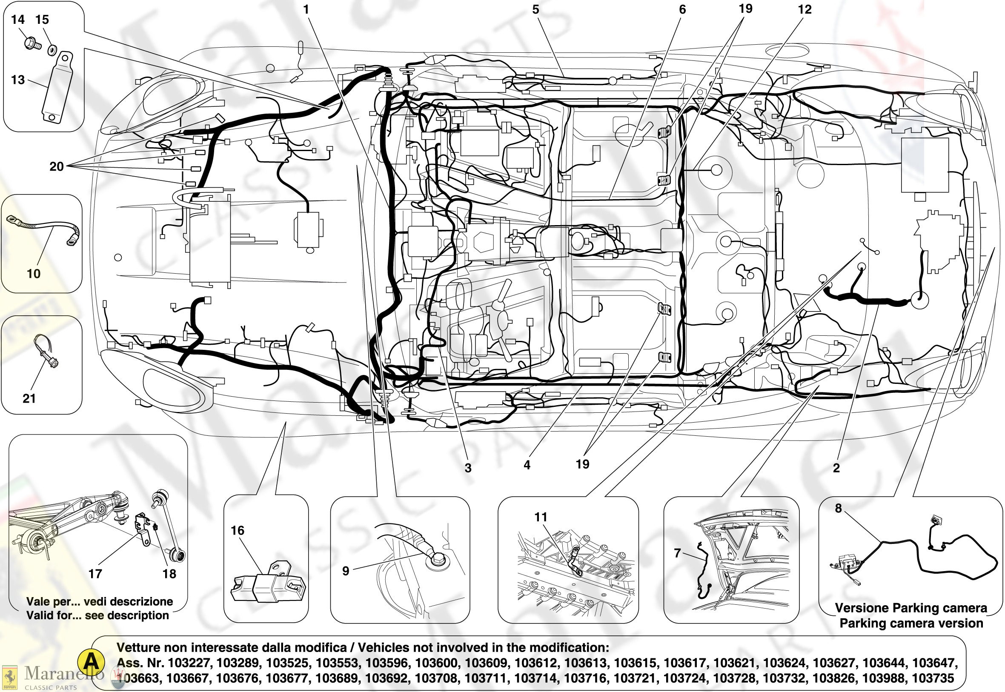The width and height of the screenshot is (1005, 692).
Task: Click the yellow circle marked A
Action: (x=91, y=662)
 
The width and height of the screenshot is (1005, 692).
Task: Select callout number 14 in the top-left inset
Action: (x=17, y=20)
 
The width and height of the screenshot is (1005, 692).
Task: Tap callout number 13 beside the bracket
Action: (x=17, y=80)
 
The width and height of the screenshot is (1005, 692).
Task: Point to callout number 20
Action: (x=56, y=166)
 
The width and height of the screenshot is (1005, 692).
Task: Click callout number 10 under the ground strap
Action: (x=33, y=274)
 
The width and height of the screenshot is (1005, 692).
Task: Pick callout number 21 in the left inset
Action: (x=29, y=398)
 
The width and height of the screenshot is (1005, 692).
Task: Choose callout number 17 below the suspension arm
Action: (x=95, y=574)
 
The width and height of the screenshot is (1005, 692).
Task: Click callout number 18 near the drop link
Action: (x=169, y=574)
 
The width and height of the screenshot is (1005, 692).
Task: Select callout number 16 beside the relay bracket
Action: (x=237, y=530)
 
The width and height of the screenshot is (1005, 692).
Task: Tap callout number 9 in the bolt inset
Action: (x=346, y=571)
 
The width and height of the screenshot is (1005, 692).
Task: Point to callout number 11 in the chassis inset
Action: (x=541, y=517)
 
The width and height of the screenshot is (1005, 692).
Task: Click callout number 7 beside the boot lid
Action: (x=677, y=553)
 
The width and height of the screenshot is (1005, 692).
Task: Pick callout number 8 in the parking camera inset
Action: (x=838, y=508)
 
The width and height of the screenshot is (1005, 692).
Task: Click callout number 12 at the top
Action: (x=805, y=9)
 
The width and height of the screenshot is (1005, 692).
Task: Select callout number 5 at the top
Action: (x=535, y=9)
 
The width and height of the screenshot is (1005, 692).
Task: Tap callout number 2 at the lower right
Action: (x=836, y=468)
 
